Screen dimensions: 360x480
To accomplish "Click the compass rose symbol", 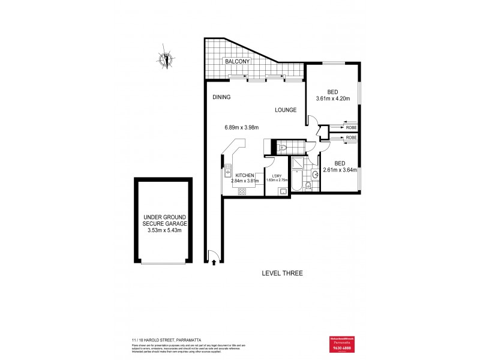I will coord(166,59).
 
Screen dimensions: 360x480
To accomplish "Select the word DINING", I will coord(221,97).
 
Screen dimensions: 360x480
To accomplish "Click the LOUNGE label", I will coord(286,110).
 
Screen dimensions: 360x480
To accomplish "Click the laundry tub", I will coord(283,191).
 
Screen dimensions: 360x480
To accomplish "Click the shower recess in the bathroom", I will coord(298,162).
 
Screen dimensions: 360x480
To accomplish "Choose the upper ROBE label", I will coord(351,127).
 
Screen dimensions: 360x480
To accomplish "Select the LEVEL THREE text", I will coord(282,274).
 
